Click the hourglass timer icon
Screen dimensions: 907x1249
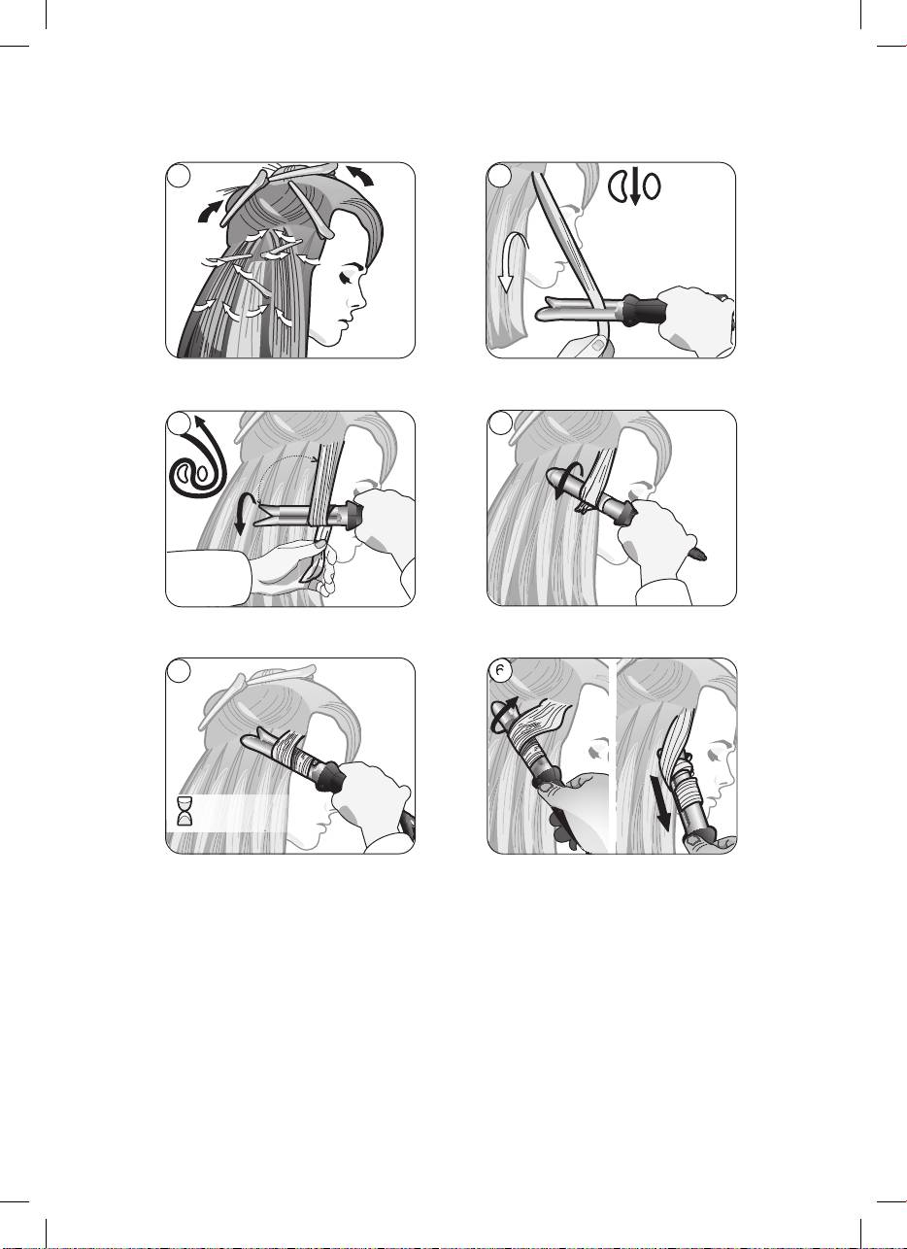coord(185,810)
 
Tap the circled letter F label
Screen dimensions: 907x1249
coord(500,671)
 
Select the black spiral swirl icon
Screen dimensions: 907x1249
coord(198,458)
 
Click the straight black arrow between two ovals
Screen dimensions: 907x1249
coord(634,186)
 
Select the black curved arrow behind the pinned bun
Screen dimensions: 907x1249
coord(210,213)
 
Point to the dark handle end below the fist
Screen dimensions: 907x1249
coord(697,554)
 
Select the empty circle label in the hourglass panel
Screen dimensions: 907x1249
coord(179,671)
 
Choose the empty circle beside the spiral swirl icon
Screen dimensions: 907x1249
coord(179,423)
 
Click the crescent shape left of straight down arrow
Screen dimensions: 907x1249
coord(617,186)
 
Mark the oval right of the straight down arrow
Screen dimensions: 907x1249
coord(652,186)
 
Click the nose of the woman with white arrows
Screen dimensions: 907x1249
coord(361,300)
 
